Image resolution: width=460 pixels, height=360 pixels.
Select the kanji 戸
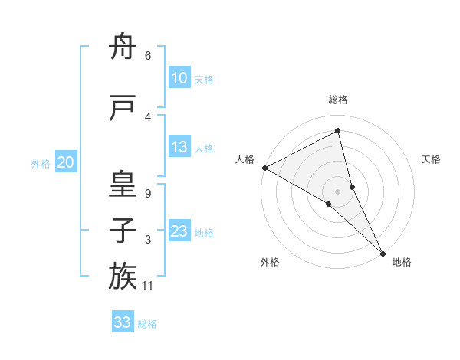coord(123,109)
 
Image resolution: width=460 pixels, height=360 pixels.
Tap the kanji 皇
coord(123,185)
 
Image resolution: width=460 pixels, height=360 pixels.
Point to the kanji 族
coord(123,276)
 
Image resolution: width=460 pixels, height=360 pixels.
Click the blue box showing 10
coord(179,77)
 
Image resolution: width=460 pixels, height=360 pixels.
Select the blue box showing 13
coord(179,147)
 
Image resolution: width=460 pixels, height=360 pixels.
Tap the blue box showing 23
coord(179,231)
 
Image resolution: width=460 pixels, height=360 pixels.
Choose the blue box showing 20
coord(66,162)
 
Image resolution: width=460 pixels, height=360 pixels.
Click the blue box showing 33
coord(123,322)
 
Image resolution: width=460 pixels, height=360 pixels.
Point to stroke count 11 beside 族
coord(149,286)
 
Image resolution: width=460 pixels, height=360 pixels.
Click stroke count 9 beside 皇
coord(148,195)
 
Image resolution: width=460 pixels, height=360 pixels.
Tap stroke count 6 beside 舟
coord(148,56)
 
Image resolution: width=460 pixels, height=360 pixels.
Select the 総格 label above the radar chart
coord(338,100)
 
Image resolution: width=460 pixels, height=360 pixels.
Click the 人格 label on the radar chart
coord(245,159)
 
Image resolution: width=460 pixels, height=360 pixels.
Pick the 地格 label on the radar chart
coord(402,262)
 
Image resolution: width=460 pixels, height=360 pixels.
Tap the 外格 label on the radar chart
coord(270,262)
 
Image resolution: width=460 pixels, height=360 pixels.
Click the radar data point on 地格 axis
coord(383,253)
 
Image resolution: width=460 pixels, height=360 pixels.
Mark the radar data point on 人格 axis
coord(264,167)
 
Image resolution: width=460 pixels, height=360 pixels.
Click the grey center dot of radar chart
coord(337,191)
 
